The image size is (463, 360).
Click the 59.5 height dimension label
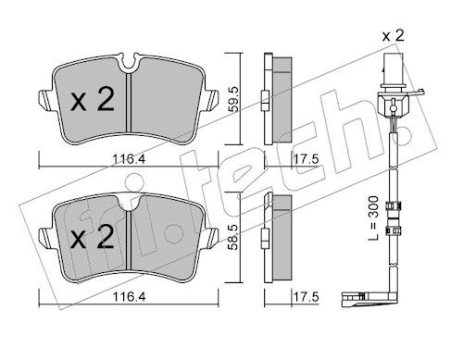[234, 99]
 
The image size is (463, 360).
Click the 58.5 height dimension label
[234, 237]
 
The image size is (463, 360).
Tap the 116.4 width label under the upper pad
[129, 159]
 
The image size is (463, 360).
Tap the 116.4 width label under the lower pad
[129, 297]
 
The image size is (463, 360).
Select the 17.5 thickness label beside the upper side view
[306, 159]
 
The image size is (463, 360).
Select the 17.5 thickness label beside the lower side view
[306, 297]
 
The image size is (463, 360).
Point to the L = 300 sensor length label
[373, 218]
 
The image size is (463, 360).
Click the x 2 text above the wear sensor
[393, 36]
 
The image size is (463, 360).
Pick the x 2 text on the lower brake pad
[93, 237]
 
